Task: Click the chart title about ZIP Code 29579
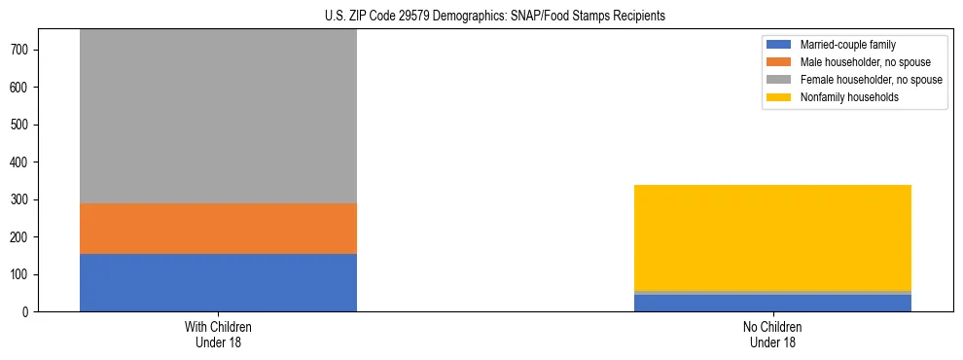[495, 17]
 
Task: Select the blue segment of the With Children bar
[218, 282]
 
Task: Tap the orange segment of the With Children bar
[218, 229]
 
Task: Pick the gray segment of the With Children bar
[218, 117]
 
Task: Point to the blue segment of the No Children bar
[772, 303]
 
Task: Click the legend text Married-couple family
[847, 45]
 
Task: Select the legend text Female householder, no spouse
[871, 80]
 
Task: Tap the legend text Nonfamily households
[849, 97]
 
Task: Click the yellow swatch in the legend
[779, 97]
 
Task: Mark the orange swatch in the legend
[779, 62]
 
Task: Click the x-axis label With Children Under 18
[218, 335]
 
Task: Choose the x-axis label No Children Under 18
[772, 335]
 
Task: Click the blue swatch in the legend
[779, 45]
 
